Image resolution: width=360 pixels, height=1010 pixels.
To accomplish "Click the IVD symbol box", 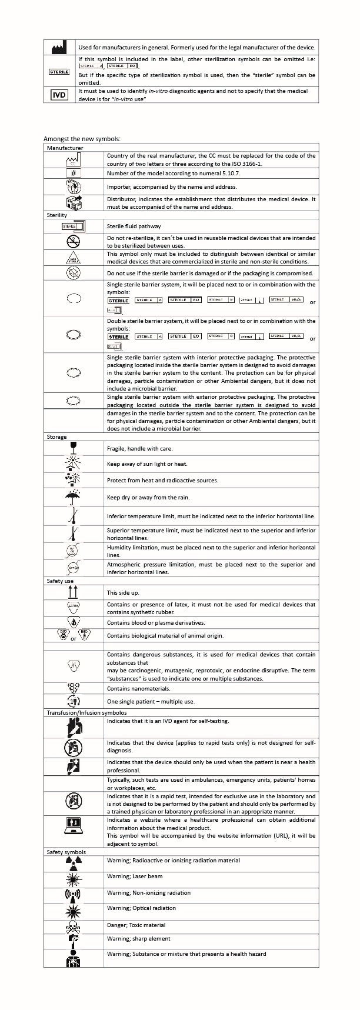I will pos(59,95).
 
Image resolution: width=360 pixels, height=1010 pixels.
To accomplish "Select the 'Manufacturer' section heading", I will pos(65,148).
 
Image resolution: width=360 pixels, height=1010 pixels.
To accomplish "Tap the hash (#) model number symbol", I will pos(73,173).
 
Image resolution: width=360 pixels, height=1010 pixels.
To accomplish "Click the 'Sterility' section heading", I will pos(57,215).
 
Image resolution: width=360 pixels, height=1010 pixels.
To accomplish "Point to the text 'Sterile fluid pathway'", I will pos(134,226).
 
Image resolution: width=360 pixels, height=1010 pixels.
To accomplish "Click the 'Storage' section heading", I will pos(56,437).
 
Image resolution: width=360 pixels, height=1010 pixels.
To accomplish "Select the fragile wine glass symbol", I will pos(74,448).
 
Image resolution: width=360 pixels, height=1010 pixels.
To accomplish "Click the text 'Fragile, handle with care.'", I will pos(139,449).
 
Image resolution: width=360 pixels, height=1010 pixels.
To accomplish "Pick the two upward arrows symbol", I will pos(73,592).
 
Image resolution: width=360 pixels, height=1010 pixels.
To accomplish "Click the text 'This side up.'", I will pos(123,593).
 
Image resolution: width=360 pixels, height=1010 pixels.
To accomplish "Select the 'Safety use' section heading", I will pos(60,581).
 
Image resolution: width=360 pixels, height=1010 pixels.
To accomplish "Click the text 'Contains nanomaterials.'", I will pos(138,689).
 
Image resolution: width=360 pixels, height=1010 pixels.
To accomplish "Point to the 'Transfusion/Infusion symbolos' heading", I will pos(86,712).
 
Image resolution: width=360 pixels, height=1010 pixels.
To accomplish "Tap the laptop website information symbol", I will pos(74,826).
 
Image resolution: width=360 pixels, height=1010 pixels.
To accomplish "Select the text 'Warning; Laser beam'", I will pos(135,876).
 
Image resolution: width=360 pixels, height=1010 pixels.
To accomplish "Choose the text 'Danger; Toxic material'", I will pos(136,925).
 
